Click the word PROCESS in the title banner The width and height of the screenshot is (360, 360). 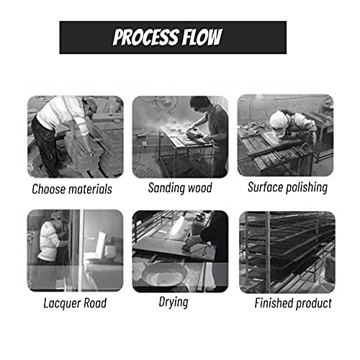pyautogui.click(x=146, y=37)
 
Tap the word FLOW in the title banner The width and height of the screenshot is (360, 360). pyautogui.click(x=202, y=37)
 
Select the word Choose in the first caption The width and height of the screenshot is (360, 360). pyautogui.click(x=48, y=189)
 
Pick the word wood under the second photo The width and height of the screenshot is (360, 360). pyautogui.click(x=200, y=188)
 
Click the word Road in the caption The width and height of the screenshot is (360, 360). pyautogui.click(x=95, y=303)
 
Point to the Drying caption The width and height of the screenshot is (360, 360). pyautogui.click(x=174, y=302)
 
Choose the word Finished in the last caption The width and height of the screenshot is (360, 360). pyautogui.click(x=273, y=303)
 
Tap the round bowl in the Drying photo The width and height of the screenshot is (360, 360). pyautogui.click(x=165, y=274)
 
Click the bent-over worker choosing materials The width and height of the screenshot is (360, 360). pyautogui.click(x=63, y=135)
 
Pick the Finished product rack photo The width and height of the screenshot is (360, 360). pyautogui.click(x=287, y=252)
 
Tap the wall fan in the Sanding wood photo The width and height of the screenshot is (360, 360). pyautogui.click(x=166, y=103)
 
